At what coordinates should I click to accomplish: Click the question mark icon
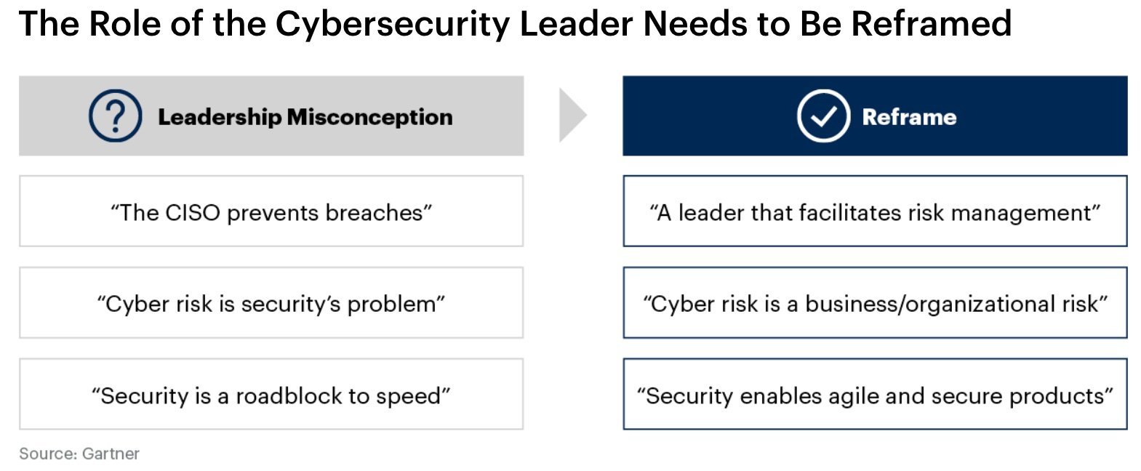[x=115, y=116]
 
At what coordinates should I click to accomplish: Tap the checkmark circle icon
[x=823, y=116]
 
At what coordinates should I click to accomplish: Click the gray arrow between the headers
[x=572, y=115]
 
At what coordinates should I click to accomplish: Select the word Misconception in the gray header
[x=369, y=116]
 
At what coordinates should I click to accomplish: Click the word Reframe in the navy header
[x=909, y=116]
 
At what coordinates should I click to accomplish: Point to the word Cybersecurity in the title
[x=393, y=24]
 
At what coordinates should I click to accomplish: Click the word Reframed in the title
[x=931, y=23]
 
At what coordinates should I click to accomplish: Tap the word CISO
[x=193, y=213]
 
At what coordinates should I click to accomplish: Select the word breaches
[x=375, y=213]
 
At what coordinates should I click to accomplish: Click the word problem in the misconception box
[x=391, y=305]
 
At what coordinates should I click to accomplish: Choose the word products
[x=1057, y=397]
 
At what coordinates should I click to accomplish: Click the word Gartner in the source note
[x=111, y=454]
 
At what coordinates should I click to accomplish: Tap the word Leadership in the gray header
[x=220, y=117]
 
